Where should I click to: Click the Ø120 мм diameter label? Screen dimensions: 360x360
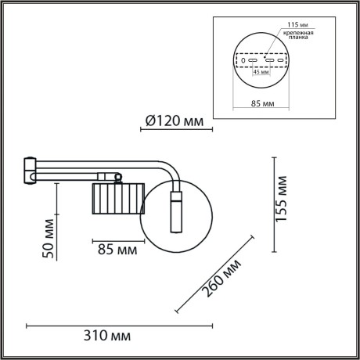(x=174, y=121)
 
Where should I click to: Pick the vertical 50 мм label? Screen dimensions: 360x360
(x=47, y=240)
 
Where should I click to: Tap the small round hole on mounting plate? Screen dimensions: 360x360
(x=243, y=59)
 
